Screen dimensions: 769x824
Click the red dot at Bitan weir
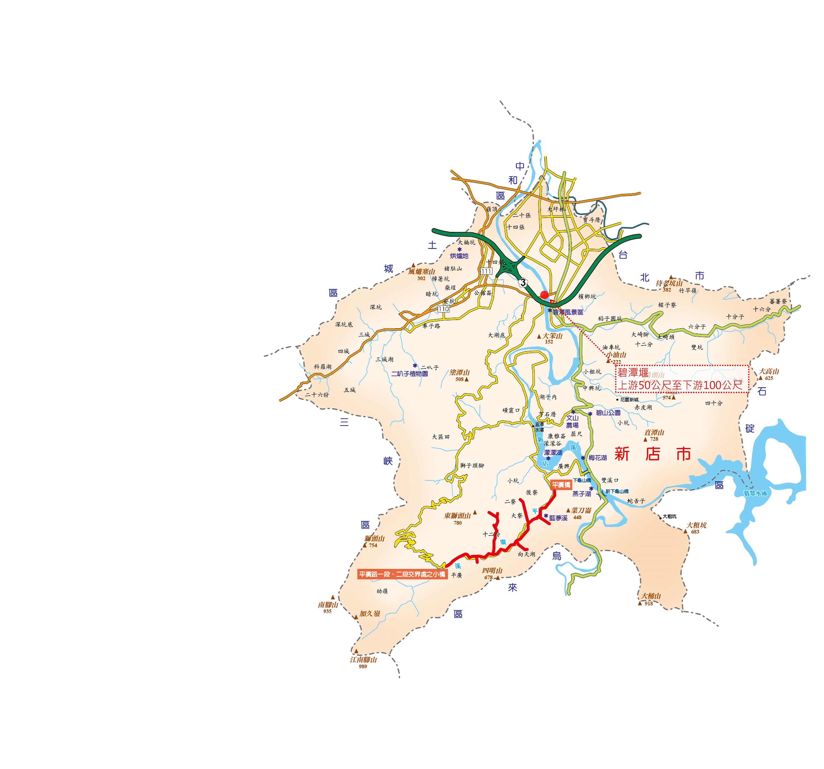pos(544,295)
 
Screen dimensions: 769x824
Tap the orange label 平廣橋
pos(561,485)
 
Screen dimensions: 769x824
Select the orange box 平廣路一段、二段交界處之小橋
pos(402,574)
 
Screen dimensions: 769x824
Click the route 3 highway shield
pos(523,282)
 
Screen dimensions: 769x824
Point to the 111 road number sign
pos(487,271)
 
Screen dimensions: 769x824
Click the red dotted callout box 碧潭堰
pos(682,378)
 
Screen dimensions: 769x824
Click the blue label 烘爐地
pos(459,256)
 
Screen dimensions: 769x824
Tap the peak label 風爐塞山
pos(422,272)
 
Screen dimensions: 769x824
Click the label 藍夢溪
pos(558,518)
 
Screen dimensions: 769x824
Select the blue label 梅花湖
pos(598,458)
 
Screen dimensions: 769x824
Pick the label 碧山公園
pos(608,413)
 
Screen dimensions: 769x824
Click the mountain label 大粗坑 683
pos(696,525)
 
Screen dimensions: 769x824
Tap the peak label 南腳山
pos(328,605)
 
